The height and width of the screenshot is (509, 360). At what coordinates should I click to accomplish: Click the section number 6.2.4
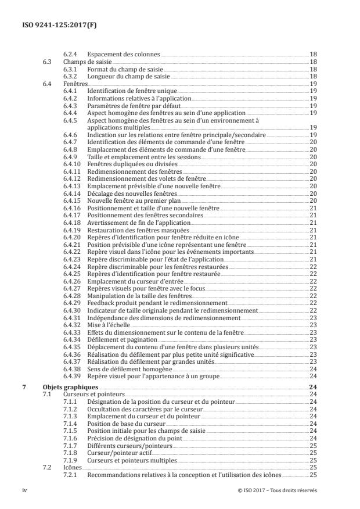click(71, 54)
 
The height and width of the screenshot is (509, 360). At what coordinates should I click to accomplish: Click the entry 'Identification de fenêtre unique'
click(131, 91)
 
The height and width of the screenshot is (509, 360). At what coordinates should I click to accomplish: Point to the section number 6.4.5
click(71, 121)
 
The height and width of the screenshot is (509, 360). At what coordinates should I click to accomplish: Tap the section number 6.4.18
click(73, 231)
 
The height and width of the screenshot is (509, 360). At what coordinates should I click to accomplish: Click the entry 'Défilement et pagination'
click(120, 339)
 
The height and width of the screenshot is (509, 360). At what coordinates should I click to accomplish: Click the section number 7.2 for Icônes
click(48, 467)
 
